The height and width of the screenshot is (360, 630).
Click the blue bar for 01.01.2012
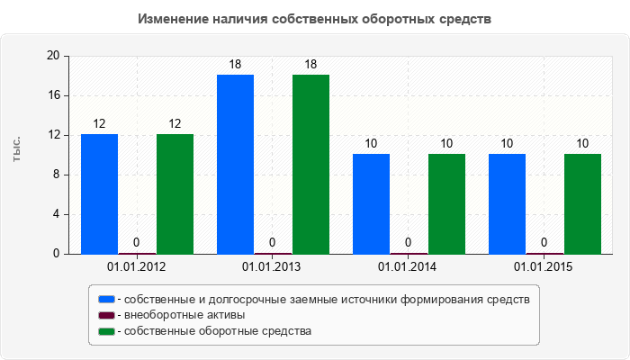pos(99,193)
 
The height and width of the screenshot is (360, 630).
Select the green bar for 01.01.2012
pos(175,193)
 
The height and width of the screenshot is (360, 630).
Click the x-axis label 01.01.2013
pos(272,267)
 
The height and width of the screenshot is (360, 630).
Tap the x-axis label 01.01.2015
pos(543,267)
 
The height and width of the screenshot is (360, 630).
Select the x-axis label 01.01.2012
pos(136,267)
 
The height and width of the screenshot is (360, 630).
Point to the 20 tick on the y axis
pos(52,56)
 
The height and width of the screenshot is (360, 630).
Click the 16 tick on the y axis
pos(52,95)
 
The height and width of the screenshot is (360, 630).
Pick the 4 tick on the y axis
pos(56,214)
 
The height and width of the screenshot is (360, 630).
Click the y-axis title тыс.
pos(17,151)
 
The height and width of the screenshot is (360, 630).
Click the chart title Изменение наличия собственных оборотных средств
pos(315,18)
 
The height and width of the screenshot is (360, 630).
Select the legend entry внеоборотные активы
pos(184,315)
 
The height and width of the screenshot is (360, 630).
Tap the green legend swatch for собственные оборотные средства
pos(106,331)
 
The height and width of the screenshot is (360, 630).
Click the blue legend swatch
pos(106,299)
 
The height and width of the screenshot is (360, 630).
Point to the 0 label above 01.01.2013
pos(273,242)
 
